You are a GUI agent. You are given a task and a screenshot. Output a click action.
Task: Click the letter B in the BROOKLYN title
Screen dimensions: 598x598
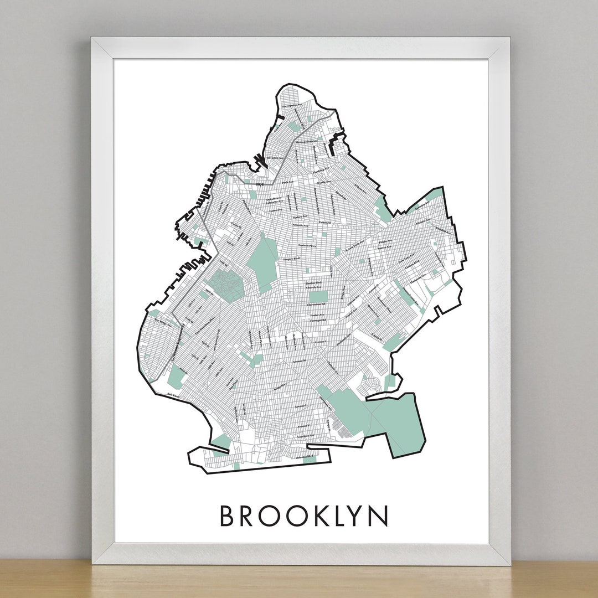coord(227,515)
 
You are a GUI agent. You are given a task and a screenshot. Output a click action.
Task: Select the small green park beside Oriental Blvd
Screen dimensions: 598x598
coord(310,459)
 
